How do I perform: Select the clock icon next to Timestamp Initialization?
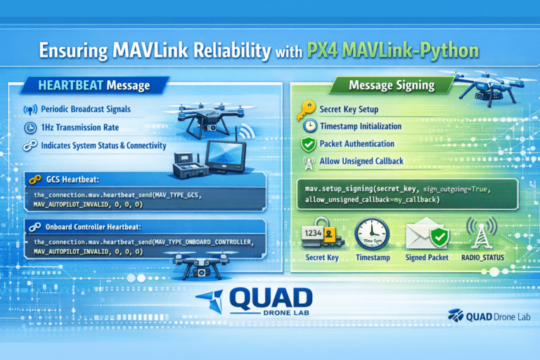click(x=309, y=127)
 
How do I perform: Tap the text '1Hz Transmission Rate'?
click(x=79, y=128)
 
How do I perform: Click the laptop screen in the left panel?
click(x=226, y=157)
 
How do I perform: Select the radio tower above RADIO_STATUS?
click(x=482, y=234)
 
